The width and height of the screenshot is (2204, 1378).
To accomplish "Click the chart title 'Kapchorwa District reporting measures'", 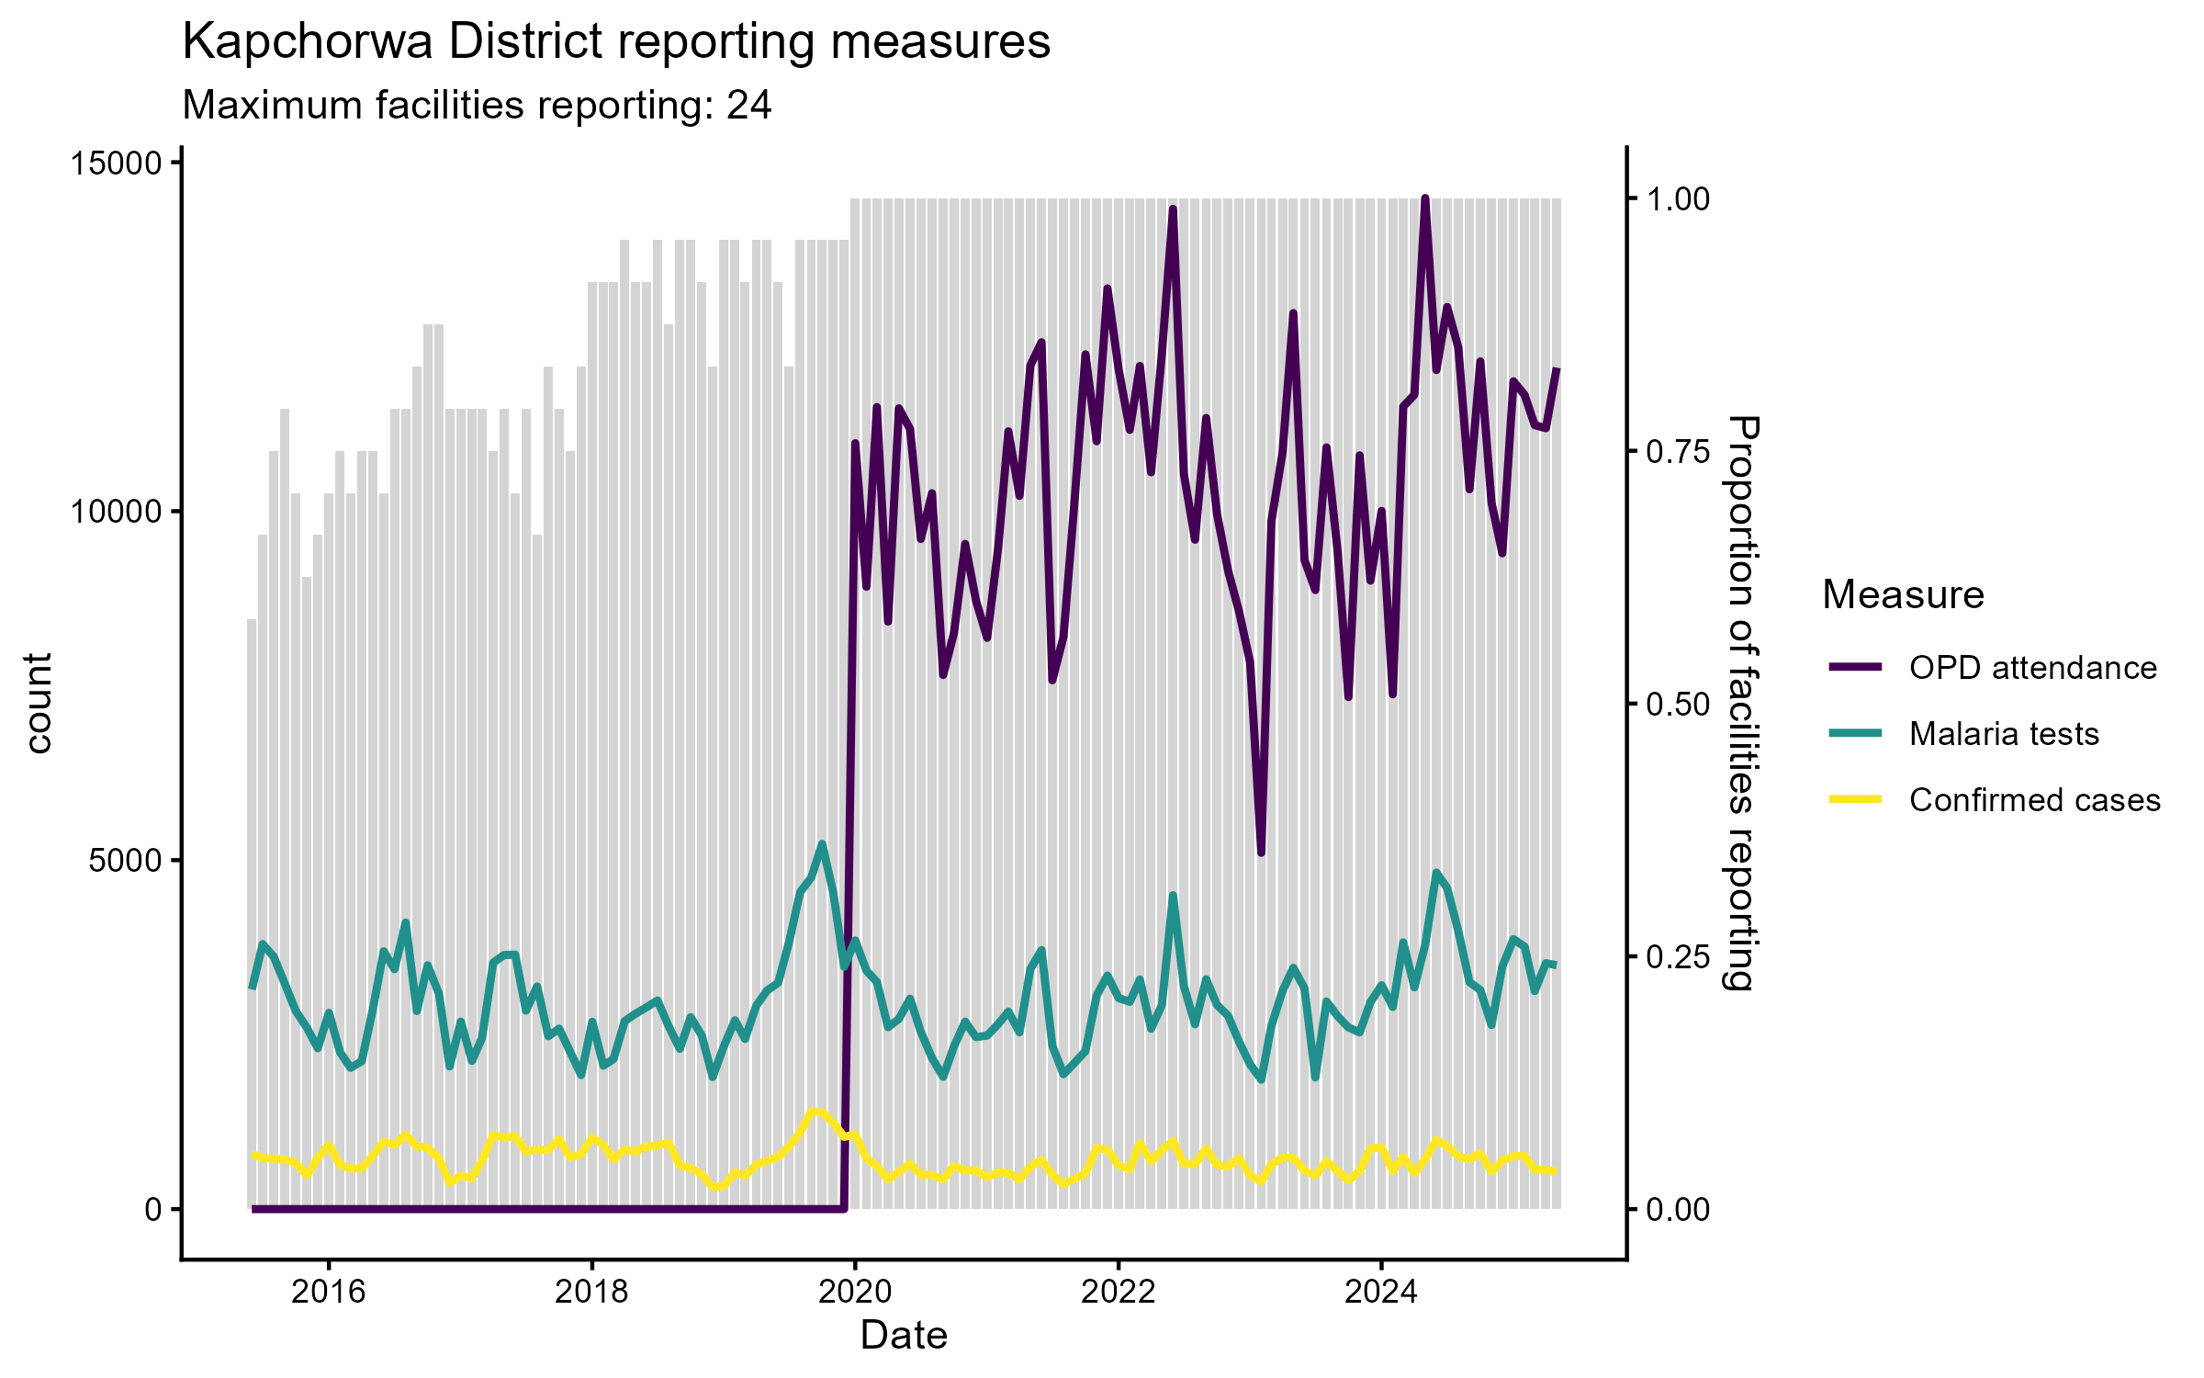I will click(x=616, y=42).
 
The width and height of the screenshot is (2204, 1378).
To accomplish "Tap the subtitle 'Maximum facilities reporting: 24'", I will click(x=477, y=106).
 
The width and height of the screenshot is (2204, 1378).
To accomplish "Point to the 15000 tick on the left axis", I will click(x=116, y=164).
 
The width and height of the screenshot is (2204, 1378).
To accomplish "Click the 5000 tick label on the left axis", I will click(x=125, y=861).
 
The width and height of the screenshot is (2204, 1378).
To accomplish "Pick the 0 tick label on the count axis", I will click(x=152, y=1210).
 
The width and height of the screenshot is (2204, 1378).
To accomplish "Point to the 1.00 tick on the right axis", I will click(x=1678, y=199).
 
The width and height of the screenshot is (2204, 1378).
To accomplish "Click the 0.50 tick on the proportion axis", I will click(x=1678, y=705).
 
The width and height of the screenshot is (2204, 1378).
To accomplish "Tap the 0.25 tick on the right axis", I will click(x=1678, y=957).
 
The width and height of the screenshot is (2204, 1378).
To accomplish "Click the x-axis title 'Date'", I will click(x=904, y=1336).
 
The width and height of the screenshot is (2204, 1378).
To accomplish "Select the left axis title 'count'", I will click(x=39, y=704).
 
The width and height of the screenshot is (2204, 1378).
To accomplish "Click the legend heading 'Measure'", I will click(x=1903, y=595).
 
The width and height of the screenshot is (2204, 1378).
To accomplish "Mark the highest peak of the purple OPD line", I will click(x=1425, y=198).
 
